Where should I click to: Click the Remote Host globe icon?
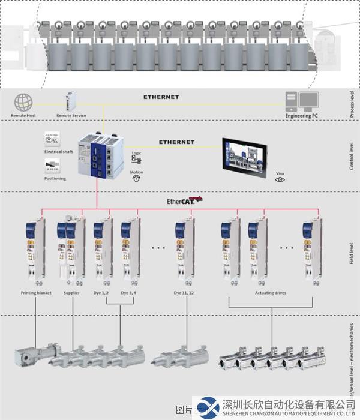pos(23,102)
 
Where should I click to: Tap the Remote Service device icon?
pos(71,101)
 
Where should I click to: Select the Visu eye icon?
pos(280,179)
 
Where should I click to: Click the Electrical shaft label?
pos(58,152)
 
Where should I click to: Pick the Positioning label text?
pos(55,178)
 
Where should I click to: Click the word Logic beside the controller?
pos(137,153)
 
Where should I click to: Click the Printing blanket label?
pos(37,293)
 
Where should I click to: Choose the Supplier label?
pos(72,293)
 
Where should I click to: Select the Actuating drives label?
pos(271,293)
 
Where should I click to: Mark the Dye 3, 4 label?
pos(129,293)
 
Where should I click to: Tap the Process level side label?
pos(352,104)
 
